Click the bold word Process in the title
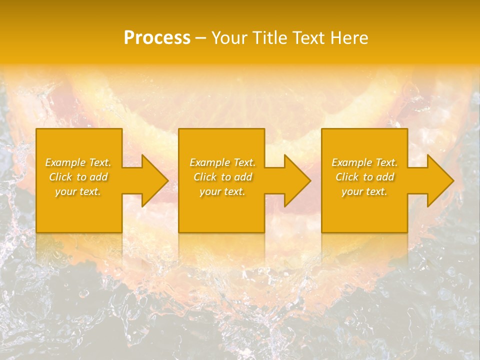157,38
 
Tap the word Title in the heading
269,38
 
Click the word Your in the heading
229,38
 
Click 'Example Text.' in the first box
78,162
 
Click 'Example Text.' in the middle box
222,162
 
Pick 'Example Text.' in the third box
364,162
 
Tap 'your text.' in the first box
78,191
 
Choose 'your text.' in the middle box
222,191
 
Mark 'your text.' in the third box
364,191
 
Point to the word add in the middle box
242,177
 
